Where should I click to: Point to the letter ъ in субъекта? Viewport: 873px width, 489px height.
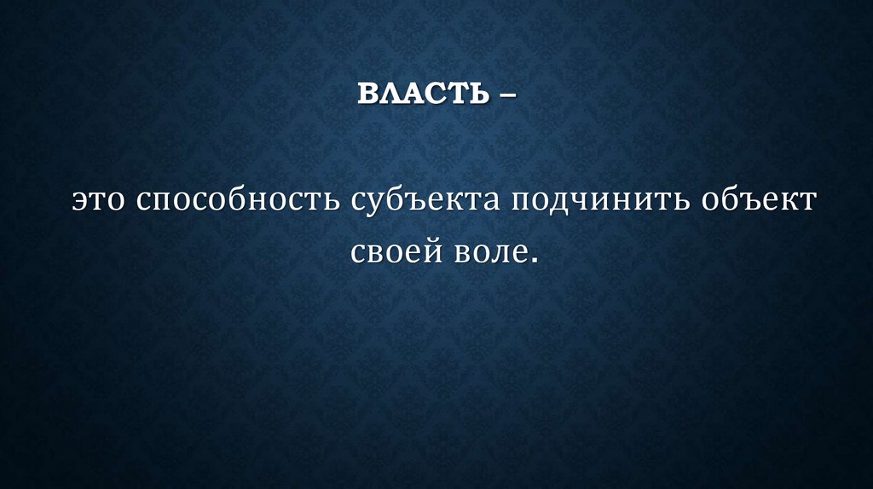tap(419, 205)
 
